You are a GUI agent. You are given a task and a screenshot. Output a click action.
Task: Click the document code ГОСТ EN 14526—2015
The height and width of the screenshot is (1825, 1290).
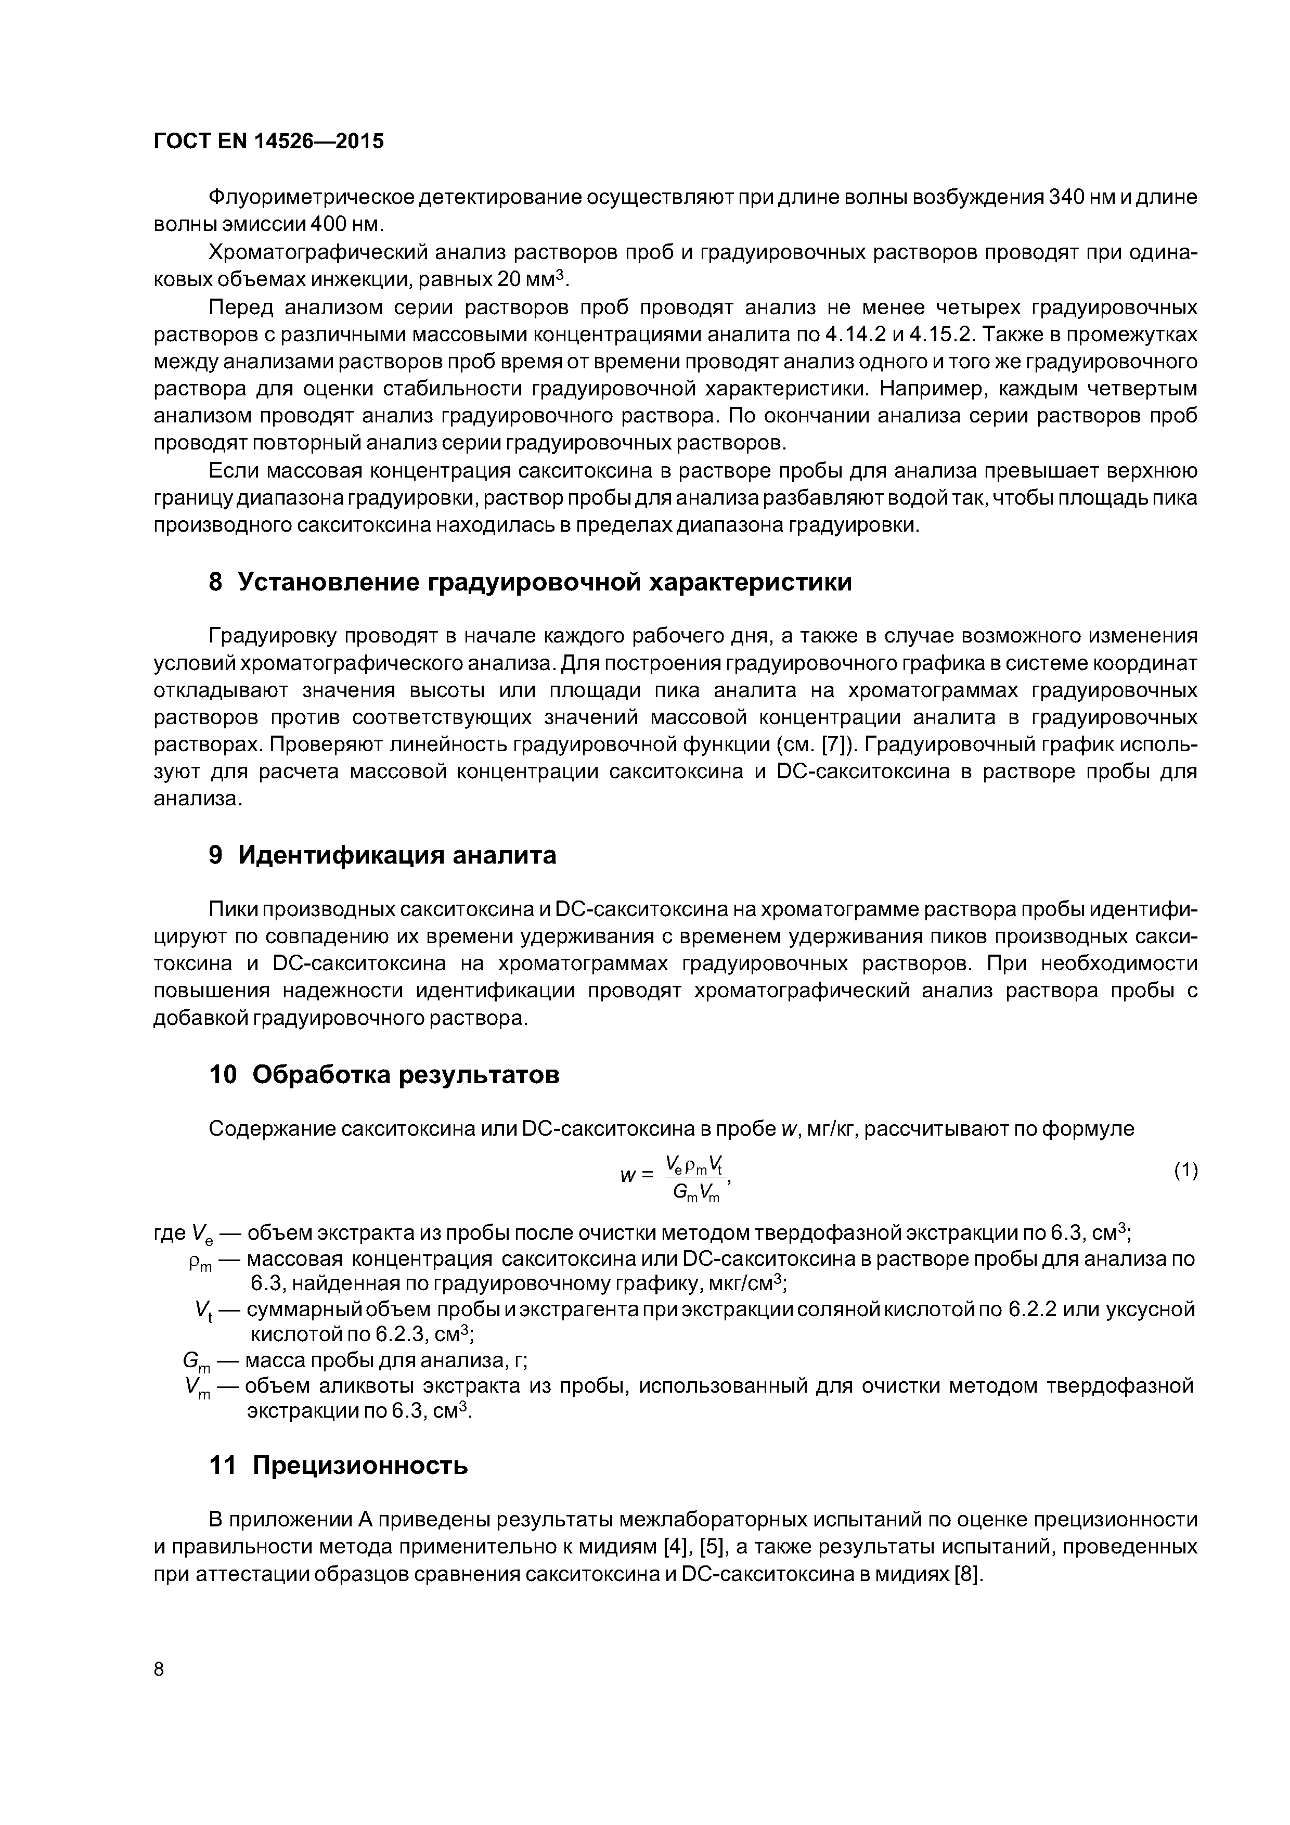point(268,142)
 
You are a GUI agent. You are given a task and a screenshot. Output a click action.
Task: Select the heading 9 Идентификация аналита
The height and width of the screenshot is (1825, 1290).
point(382,855)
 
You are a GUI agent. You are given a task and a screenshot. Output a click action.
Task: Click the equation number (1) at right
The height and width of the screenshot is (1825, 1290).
point(1185,1171)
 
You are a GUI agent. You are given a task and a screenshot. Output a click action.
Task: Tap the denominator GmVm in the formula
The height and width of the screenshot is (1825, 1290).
point(695,1191)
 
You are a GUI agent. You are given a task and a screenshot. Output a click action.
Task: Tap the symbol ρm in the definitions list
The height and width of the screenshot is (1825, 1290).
point(200,1262)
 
